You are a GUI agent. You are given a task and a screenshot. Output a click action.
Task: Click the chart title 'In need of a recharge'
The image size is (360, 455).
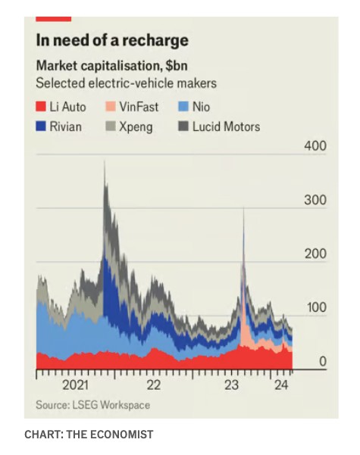[112, 41]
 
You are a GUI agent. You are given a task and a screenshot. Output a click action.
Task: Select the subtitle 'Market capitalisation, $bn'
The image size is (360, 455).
[112, 66]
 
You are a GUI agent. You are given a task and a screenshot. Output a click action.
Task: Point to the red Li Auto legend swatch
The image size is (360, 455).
[41, 106]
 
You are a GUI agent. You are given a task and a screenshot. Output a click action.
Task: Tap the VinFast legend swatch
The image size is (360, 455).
[111, 106]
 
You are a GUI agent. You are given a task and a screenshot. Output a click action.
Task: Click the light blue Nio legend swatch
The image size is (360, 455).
[183, 106]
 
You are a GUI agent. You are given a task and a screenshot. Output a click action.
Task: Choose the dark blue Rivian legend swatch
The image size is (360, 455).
[41, 126]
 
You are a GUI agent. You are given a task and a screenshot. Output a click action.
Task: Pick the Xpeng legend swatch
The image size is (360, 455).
[111, 126]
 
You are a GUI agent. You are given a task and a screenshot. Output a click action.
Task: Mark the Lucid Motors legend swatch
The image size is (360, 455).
[183, 126]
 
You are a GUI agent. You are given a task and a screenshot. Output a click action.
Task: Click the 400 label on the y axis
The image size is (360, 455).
[315, 145]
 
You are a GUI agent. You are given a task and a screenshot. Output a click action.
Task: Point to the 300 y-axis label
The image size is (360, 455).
[315, 200]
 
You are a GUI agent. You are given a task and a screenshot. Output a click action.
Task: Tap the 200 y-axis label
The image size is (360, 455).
[315, 254]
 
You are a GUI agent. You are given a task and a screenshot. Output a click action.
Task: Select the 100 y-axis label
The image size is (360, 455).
[317, 307]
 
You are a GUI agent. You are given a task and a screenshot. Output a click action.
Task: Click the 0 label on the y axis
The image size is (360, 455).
[323, 362]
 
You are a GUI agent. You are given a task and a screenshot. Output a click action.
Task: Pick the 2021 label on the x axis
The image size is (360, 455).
[75, 385]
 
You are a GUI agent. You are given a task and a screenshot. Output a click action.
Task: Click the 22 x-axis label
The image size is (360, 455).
[153, 385]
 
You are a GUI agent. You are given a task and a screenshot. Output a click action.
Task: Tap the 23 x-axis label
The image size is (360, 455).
[232, 385]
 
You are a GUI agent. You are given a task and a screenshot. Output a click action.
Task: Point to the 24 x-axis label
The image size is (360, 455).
[281, 385]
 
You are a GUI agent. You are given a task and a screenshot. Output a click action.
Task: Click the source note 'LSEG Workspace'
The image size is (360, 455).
[111, 405]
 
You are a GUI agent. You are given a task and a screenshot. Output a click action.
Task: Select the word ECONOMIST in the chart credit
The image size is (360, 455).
[121, 435]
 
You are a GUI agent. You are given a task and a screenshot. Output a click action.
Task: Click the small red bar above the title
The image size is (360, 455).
[54, 19]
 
